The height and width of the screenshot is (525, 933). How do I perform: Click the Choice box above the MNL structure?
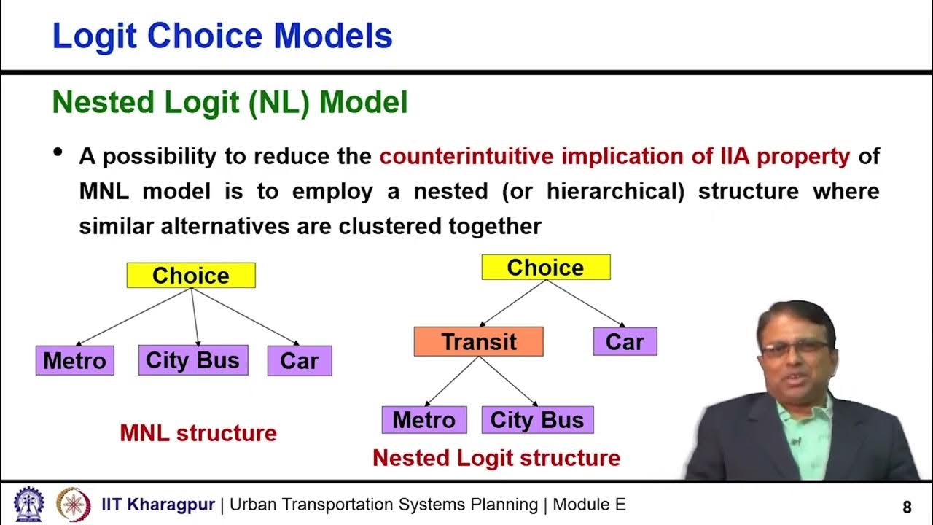(x=191, y=275)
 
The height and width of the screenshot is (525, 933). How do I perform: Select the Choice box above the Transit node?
(x=545, y=268)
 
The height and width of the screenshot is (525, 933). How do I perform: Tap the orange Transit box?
(x=478, y=341)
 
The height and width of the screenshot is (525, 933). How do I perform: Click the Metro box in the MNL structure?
(x=74, y=360)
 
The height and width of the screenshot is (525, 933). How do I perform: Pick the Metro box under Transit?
(x=423, y=420)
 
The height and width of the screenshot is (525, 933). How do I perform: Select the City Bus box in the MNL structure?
(x=192, y=360)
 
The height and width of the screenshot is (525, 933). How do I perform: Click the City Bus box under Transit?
(x=537, y=420)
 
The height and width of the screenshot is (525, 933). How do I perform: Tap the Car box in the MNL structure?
(x=299, y=361)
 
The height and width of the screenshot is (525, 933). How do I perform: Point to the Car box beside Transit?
(x=625, y=341)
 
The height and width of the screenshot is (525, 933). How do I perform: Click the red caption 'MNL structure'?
(x=198, y=433)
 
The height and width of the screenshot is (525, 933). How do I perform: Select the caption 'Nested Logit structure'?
(x=496, y=458)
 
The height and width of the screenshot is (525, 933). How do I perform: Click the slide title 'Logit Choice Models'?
(x=222, y=36)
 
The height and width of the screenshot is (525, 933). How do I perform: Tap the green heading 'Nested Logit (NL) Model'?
(x=230, y=104)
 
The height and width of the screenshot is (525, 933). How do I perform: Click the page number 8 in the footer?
(x=907, y=507)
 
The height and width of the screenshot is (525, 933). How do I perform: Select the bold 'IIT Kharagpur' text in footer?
(x=158, y=505)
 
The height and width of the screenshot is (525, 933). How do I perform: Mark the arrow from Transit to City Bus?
(x=507, y=381)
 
